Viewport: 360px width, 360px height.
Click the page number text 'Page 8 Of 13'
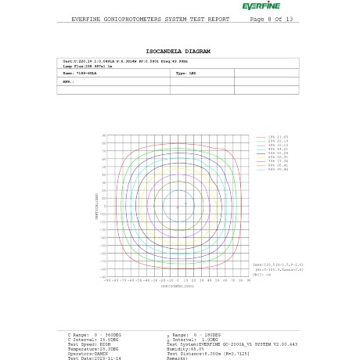(x=271, y=20)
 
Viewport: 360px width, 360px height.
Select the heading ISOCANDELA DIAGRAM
(x=178, y=52)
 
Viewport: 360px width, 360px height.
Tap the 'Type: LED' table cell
(x=186, y=74)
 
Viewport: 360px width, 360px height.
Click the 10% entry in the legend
(x=277, y=137)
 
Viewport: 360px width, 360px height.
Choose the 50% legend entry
(x=277, y=153)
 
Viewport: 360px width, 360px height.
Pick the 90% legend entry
(x=277, y=169)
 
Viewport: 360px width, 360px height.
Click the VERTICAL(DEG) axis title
(x=97, y=206)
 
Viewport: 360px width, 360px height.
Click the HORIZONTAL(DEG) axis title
(x=177, y=286)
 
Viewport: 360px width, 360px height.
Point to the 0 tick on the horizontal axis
(x=178, y=280)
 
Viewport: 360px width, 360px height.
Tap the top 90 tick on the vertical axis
(x=104, y=135)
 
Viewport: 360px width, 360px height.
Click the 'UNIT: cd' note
(x=261, y=275)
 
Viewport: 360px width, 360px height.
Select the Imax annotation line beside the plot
(x=278, y=265)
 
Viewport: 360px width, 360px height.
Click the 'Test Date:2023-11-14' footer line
(x=94, y=358)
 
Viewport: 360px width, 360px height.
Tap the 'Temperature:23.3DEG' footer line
(x=93, y=349)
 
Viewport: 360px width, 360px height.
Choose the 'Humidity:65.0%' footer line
(x=185, y=349)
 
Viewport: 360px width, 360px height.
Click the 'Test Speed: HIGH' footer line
(x=88, y=344)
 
